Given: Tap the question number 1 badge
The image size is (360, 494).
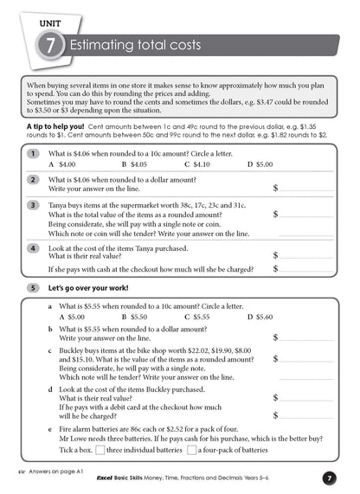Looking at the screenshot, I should [33, 153].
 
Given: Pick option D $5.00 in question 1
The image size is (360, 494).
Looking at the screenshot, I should [259, 164].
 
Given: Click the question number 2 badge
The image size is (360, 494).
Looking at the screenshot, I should [33, 179].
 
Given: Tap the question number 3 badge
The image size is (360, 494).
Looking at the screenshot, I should [33, 205].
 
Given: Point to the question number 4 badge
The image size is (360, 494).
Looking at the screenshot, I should [33, 247].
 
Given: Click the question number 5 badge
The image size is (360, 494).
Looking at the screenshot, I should [33, 286].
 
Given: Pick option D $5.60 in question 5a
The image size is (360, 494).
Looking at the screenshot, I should [259, 317].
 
